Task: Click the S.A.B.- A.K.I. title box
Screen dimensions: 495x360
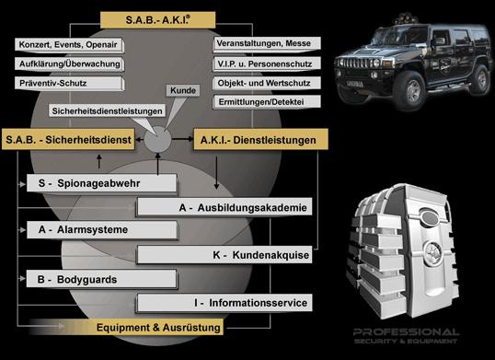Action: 158,20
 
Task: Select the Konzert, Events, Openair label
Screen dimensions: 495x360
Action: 69,45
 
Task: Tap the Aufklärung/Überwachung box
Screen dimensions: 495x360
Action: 69,64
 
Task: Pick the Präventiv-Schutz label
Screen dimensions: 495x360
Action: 69,84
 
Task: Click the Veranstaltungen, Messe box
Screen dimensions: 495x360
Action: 267,43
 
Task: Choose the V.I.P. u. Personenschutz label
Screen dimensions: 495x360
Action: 267,64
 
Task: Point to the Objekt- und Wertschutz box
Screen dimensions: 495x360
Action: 267,84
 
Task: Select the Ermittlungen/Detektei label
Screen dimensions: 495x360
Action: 267,102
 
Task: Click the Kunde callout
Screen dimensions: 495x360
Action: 183,90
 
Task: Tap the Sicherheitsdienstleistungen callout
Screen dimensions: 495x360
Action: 108,111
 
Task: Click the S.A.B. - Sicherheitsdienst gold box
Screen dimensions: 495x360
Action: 68,139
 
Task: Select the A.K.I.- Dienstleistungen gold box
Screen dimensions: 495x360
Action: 260,140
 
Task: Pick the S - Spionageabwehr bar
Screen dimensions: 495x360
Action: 101,183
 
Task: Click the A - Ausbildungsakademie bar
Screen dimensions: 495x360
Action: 224,207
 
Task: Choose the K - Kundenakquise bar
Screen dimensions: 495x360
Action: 224,255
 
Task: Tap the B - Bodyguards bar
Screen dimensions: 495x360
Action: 101,280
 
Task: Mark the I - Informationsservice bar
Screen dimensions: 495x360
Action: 224,303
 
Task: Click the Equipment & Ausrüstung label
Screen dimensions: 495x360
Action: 158,328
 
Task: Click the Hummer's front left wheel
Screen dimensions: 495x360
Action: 409,90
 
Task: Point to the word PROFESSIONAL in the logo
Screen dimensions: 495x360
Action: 407,332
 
